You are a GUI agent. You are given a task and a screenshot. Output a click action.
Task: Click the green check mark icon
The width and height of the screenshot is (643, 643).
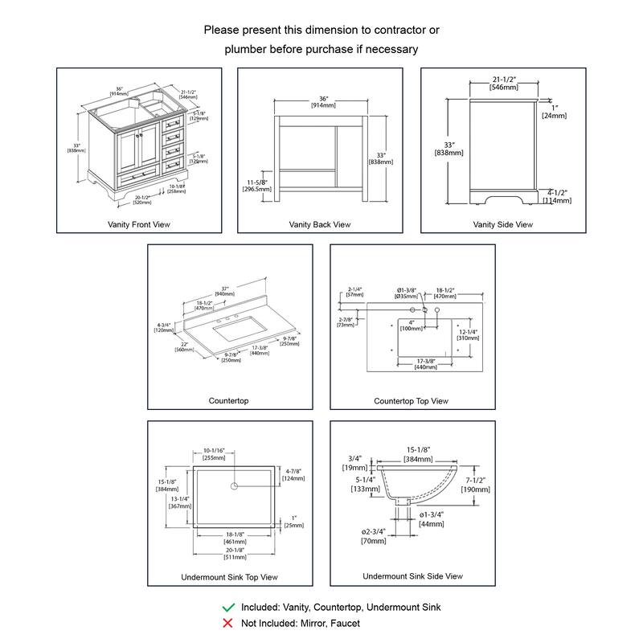coord(228,608)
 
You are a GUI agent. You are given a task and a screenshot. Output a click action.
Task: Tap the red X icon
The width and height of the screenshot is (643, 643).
coord(228,623)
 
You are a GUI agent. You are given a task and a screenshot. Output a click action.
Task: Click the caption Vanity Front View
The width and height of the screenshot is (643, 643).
coord(139,224)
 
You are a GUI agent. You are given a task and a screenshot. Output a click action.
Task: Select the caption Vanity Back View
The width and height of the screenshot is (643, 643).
coord(320,224)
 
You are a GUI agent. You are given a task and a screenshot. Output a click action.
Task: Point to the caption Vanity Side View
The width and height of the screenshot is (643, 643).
coord(503,224)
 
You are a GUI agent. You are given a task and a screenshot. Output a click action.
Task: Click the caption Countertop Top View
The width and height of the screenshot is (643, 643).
coord(412,401)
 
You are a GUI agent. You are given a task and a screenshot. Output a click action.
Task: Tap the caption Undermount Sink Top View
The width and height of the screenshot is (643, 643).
coord(230,577)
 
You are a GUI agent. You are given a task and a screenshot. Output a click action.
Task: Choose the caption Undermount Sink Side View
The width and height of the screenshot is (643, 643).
coord(412,576)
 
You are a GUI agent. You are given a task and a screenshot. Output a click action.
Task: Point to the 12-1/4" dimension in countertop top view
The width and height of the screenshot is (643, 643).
coord(469,331)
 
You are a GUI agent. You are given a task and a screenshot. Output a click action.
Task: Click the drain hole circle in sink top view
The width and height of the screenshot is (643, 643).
coord(235,485)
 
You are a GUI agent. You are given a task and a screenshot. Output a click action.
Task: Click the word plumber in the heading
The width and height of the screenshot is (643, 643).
coord(247,50)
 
